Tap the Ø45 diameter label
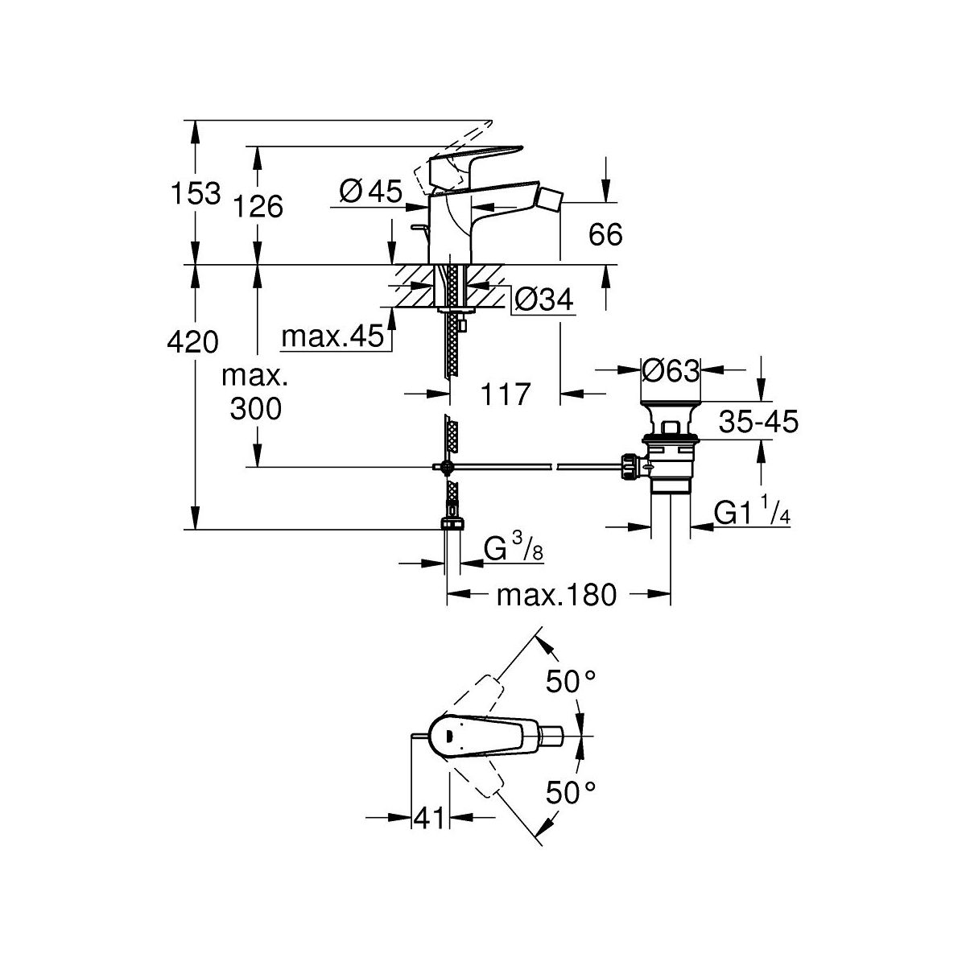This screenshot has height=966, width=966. [370, 192]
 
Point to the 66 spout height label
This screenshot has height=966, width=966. [605, 235]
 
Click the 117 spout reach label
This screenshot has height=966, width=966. [507, 394]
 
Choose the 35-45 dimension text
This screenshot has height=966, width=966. [758, 420]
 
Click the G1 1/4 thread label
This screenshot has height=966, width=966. [749, 514]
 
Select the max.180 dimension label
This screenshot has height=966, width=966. [556, 596]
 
